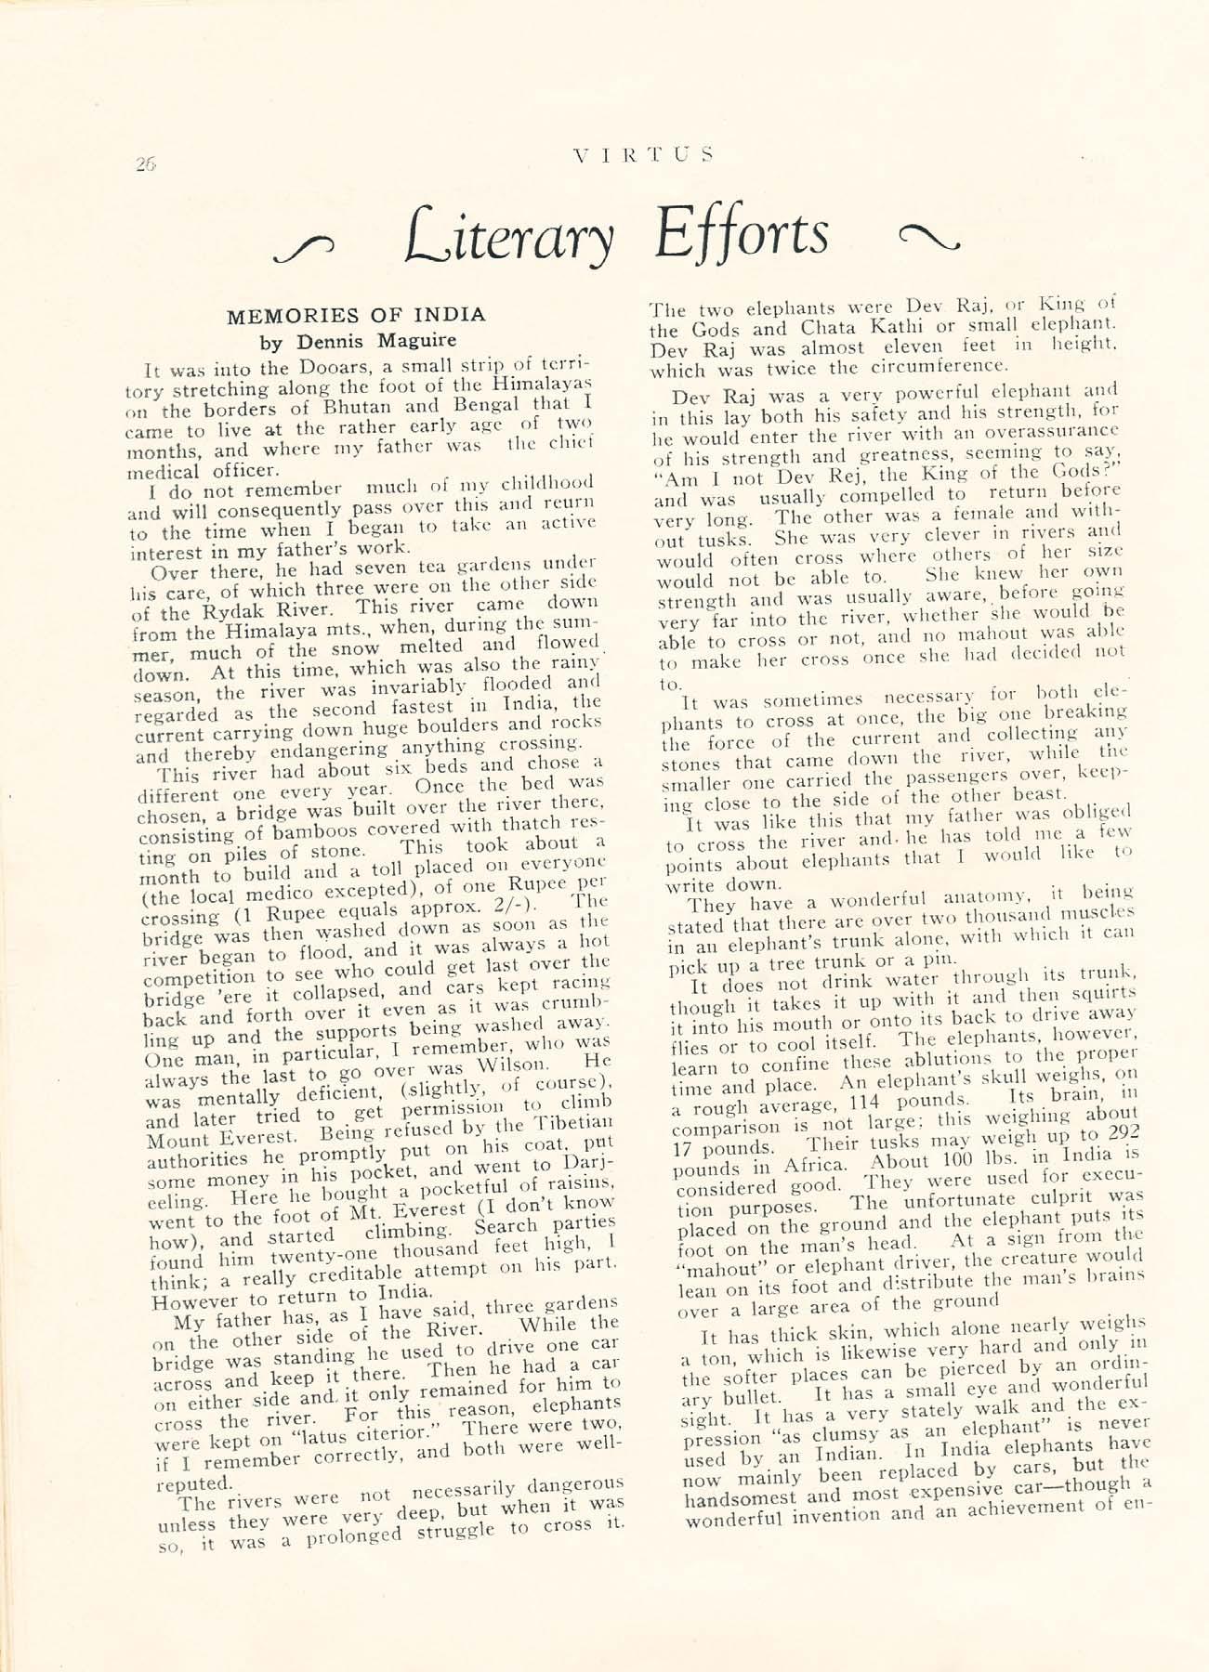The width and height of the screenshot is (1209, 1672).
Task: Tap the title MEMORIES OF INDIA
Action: click(x=356, y=316)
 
